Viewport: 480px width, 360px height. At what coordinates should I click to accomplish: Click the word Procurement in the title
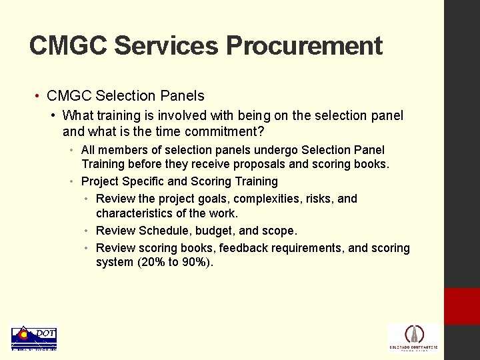304,46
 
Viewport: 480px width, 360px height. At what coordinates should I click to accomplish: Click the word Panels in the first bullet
183,96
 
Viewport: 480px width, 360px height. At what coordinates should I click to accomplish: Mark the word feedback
243,248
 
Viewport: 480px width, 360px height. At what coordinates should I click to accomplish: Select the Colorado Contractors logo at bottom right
413,337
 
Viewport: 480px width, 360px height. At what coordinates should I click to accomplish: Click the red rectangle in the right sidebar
462,306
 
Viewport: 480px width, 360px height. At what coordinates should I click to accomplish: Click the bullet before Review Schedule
87,231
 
